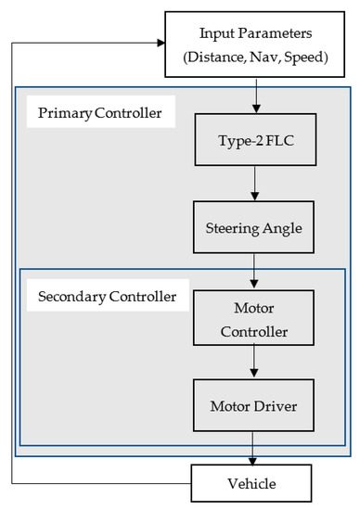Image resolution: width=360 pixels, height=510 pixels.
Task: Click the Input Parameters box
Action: [255, 44]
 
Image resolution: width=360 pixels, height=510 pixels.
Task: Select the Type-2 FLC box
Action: [255, 144]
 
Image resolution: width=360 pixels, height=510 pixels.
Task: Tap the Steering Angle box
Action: [255, 225]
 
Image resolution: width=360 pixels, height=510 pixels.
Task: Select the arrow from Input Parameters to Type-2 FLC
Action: [255, 96]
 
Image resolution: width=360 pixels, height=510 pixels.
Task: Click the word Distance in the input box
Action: [221, 57]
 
